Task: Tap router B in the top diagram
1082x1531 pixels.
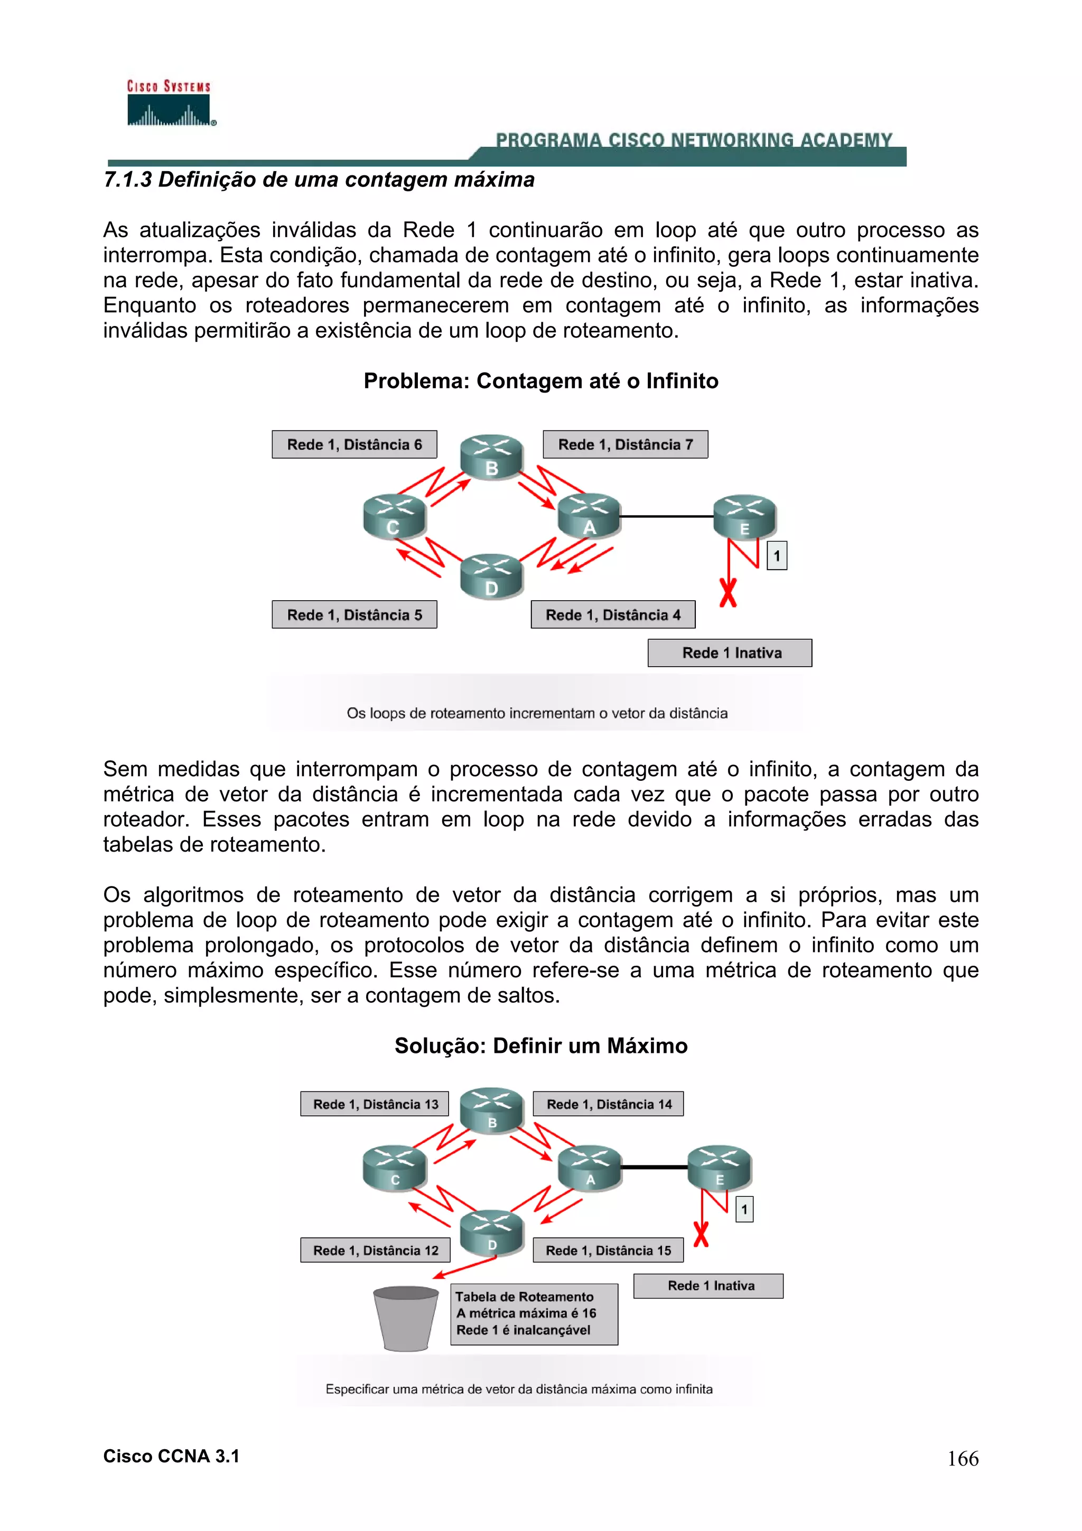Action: [492, 458]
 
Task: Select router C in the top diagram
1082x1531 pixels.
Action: [394, 517]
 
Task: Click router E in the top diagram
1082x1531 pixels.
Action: [744, 517]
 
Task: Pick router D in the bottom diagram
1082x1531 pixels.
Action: [492, 1234]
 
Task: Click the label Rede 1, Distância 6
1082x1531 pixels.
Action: [354, 445]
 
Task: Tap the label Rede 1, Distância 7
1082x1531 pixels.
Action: [626, 445]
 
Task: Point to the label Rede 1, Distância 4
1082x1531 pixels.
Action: [613, 615]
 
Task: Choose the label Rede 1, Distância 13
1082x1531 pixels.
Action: [375, 1104]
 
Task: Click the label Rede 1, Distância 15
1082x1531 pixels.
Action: [608, 1250]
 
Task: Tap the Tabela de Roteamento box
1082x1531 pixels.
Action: [534, 1314]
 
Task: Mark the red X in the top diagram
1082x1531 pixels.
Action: [728, 592]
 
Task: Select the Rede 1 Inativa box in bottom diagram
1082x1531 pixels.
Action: [708, 1286]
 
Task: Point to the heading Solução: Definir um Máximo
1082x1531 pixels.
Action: [540, 1045]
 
